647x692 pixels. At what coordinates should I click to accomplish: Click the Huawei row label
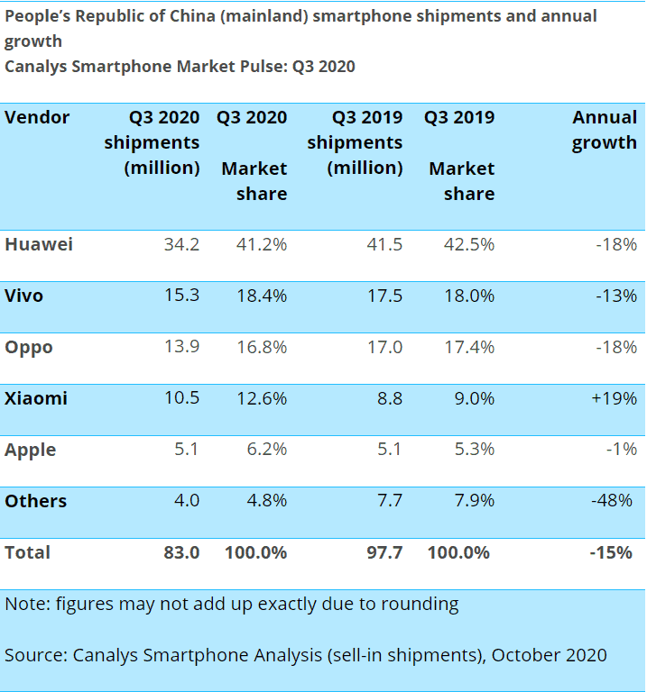(39, 244)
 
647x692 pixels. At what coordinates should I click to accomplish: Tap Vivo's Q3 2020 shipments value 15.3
(180, 296)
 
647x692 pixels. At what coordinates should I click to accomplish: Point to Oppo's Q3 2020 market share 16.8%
(261, 347)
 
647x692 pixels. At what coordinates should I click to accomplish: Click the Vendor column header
(37, 118)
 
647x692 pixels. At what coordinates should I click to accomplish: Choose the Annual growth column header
(605, 130)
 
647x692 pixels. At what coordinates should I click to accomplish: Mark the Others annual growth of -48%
(614, 501)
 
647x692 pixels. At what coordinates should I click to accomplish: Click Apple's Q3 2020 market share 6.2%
(265, 450)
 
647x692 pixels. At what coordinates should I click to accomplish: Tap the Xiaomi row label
(36, 398)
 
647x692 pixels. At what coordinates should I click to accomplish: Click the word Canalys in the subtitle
(38, 67)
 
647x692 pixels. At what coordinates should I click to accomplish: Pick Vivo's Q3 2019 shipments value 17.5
(384, 296)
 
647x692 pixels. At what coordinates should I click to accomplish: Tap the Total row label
(28, 552)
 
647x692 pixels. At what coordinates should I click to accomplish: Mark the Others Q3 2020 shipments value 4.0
(185, 501)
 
